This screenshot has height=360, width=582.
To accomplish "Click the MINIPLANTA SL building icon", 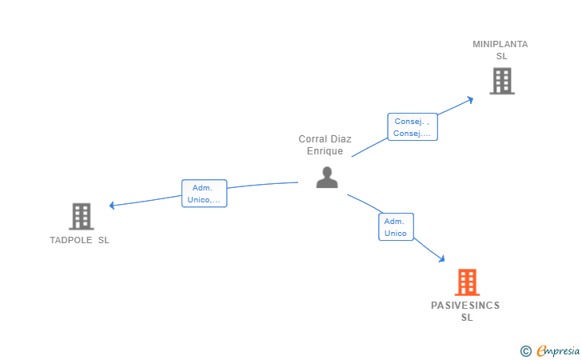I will pyautogui.click(x=501, y=81).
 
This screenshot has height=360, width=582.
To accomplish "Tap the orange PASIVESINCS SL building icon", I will pyautogui.click(x=466, y=282).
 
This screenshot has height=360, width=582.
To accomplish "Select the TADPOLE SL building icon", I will pyautogui.click(x=81, y=216).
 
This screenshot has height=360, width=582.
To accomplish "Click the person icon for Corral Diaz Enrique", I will pyautogui.click(x=326, y=177).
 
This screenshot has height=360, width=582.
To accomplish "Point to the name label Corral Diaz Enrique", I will pyautogui.click(x=325, y=145).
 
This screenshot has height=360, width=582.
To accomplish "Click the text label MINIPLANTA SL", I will pyautogui.click(x=500, y=50).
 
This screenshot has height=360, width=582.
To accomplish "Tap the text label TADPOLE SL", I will pyautogui.click(x=79, y=240).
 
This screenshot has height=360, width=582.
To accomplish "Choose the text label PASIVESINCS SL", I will pyautogui.click(x=465, y=311).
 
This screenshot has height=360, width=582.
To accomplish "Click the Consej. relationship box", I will pyautogui.click(x=413, y=127).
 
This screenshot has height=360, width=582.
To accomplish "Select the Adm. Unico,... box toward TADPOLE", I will pyautogui.click(x=204, y=194).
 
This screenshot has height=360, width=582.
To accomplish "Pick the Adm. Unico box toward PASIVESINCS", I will pyautogui.click(x=395, y=227).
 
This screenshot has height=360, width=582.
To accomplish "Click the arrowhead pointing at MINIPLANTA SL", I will pyautogui.click(x=472, y=100).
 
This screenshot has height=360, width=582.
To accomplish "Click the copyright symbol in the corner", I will pyautogui.click(x=525, y=350).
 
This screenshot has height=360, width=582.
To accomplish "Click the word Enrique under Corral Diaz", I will pyautogui.click(x=325, y=151).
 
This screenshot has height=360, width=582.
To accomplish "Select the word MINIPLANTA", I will pyautogui.click(x=500, y=45).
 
